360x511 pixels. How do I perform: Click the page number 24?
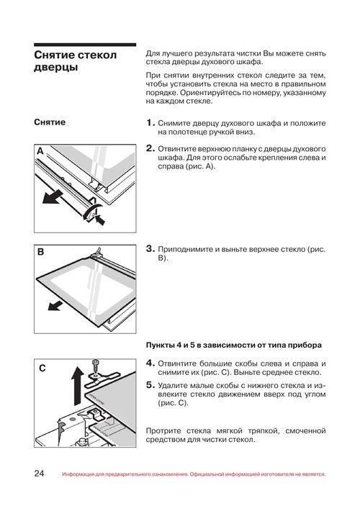tap(39, 473)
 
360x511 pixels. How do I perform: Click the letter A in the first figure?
tap(40, 151)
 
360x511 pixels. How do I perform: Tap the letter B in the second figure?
tap(41, 252)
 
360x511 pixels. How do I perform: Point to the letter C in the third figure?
tap(42, 368)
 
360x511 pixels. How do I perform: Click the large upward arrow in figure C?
tap(78, 386)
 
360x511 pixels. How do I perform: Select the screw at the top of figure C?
tap(96, 366)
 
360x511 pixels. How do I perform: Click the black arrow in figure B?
tap(55, 306)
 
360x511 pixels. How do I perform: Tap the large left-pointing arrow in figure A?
tap(53, 196)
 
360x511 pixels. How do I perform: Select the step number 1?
tap(150, 123)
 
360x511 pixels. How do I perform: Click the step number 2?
tap(150, 148)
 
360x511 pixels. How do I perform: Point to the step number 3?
tap(150, 248)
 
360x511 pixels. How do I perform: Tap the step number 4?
tap(150, 363)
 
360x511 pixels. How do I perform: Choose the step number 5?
tap(150, 385)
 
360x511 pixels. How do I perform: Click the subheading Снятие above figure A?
tap(50, 122)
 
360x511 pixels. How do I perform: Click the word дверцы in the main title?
tap(55, 68)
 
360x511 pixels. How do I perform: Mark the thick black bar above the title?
tap(85, 45)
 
